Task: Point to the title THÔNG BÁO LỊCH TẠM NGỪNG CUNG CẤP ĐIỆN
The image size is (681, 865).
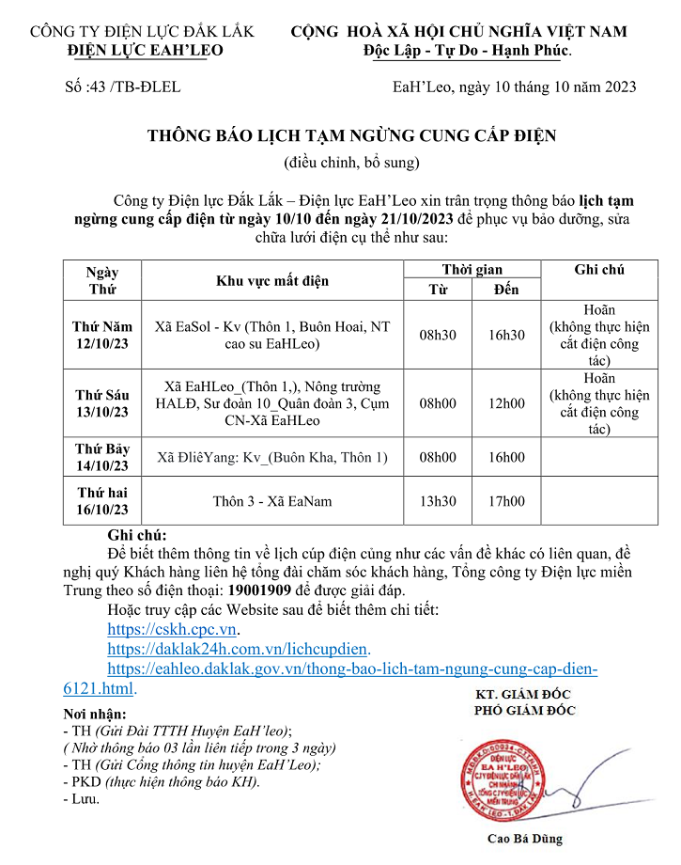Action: [x=351, y=136]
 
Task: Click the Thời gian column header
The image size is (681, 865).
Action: [x=472, y=270]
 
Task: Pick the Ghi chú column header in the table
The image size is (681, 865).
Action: [x=598, y=270]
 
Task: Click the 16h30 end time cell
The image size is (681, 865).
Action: [x=506, y=335]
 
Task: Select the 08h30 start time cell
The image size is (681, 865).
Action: [x=439, y=335]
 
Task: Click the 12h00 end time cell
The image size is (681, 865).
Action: [x=506, y=403]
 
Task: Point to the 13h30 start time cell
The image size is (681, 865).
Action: [x=439, y=501]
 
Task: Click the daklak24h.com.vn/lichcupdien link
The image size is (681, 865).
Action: [x=239, y=650]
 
